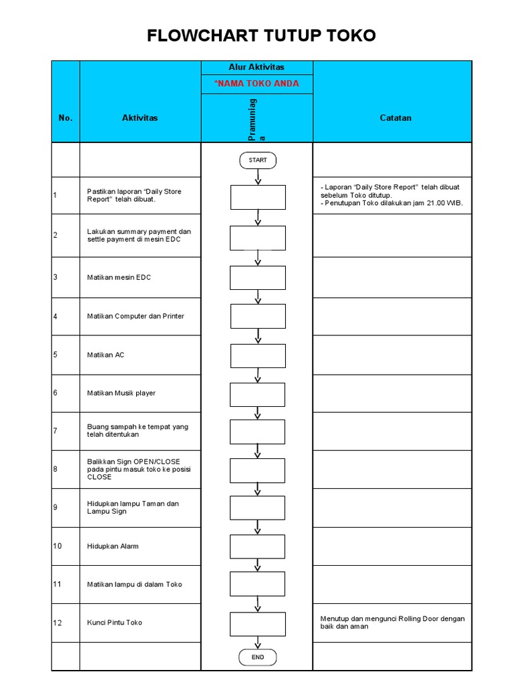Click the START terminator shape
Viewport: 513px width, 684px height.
[x=257, y=160]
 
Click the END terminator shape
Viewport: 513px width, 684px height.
[x=257, y=657]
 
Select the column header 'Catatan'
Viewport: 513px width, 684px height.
[x=395, y=118]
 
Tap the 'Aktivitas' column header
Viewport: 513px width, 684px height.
[x=140, y=118]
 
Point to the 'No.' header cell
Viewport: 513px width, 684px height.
[x=65, y=118]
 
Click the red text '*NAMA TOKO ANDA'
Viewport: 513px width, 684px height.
[x=256, y=83]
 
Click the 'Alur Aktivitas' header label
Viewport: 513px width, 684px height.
[x=256, y=67]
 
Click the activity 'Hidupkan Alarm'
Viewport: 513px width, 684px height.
[x=113, y=546]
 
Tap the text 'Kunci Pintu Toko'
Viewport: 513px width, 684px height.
[x=114, y=623]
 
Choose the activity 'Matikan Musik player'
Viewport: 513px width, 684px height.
[x=121, y=393]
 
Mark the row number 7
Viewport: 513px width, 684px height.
[x=55, y=431]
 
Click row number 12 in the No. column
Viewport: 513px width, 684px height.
[x=57, y=623]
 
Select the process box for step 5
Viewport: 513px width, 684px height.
[x=258, y=356]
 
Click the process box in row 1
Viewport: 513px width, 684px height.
[x=258, y=197]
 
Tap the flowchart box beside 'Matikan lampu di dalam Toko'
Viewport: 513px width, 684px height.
[x=258, y=584]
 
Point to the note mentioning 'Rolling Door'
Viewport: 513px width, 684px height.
[x=392, y=623]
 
